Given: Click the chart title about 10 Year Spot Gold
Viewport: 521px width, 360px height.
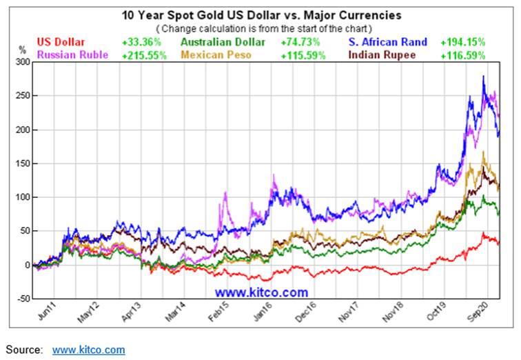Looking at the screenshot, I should pyautogui.click(x=260, y=14).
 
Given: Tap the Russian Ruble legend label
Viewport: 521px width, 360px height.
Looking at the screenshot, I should pyautogui.click(x=72, y=54).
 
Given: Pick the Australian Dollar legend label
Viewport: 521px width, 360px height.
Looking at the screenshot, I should pyautogui.click(x=223, y=43).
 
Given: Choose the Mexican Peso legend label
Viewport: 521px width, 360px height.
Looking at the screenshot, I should pyautogui.click(x=221, y=54).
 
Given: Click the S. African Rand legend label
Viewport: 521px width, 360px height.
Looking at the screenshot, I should pyautogui.click(x=388, y=43).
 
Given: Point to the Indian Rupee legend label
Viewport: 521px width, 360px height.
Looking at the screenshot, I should pyautogui.click(x=383, y=54).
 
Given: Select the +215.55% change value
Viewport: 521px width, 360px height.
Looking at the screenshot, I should pyautogui.click(x=144, y=54).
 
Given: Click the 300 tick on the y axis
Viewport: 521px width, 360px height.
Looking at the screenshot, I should pyautogui.click(x=23, y=62).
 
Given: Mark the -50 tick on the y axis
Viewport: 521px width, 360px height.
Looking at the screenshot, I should pyautogui.click(x=23, y=299).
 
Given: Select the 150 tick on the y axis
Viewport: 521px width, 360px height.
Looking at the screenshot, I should pyautogui.click(x=23, y=163).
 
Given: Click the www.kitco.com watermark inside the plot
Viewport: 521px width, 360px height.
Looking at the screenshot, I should pyautogui.click(x=261, y=292).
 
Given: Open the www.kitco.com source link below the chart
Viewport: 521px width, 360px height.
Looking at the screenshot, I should pyautogui.click(x=88, y=350).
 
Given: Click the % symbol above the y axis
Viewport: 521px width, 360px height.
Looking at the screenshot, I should pyautogui.click(x=21, y=50).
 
